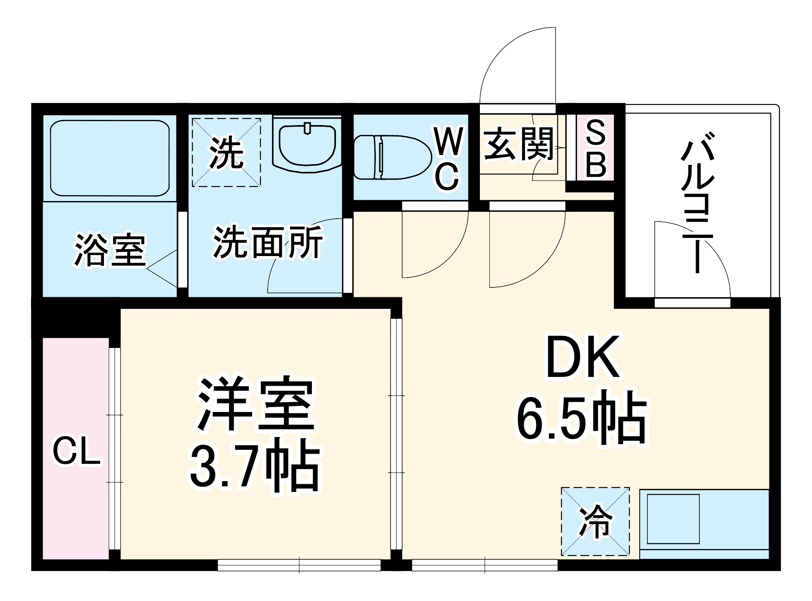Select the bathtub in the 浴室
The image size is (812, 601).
coord(110,158)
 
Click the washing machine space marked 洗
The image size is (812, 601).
coord(226,153)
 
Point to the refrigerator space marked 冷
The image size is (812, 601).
coord(595,521)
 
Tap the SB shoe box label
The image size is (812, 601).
coord(595,148)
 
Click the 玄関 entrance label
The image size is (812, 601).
coord(519,144)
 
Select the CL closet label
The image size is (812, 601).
coord(76,451)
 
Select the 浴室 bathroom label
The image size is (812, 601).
coord(110,250)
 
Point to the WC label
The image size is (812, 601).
coord(448,159)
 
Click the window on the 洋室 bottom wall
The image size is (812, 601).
coord(299,564)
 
